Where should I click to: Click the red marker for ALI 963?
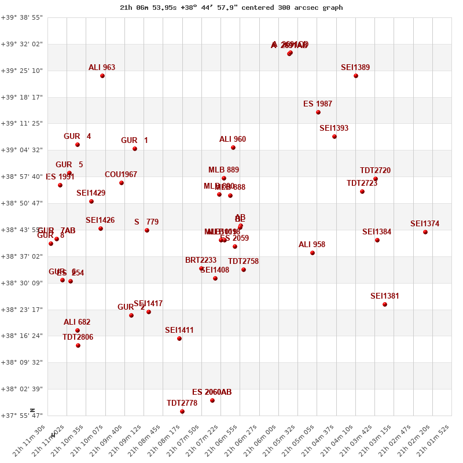click(x=102, y=76)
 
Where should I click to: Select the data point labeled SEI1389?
click(x=356, y=76)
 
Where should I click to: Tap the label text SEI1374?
click(x=425, y=224)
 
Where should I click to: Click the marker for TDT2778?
click(x=182, y=411)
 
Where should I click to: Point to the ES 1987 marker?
click(x=318, y=112)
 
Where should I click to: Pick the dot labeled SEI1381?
click(x=385, y=304)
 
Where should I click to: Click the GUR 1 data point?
click(x=135, y=149)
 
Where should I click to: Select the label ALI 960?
click(x=233, y=139)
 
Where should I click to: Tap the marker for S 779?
click(x=147, y=230)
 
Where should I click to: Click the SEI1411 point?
click(x=179, y=339)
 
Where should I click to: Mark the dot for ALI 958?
click(x=313, y=253)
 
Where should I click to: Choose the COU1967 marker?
click(x=122, y=183)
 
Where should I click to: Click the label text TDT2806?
click(x=78, y=337)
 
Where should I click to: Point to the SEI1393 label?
click(x=334, y=128)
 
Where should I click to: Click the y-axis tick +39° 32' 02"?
click(x=21, y=44)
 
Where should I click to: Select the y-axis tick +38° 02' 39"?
click(x=21, y=389)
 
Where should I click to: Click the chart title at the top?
click(x=231, y=8)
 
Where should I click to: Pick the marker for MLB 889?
click(x=224, y=178)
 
